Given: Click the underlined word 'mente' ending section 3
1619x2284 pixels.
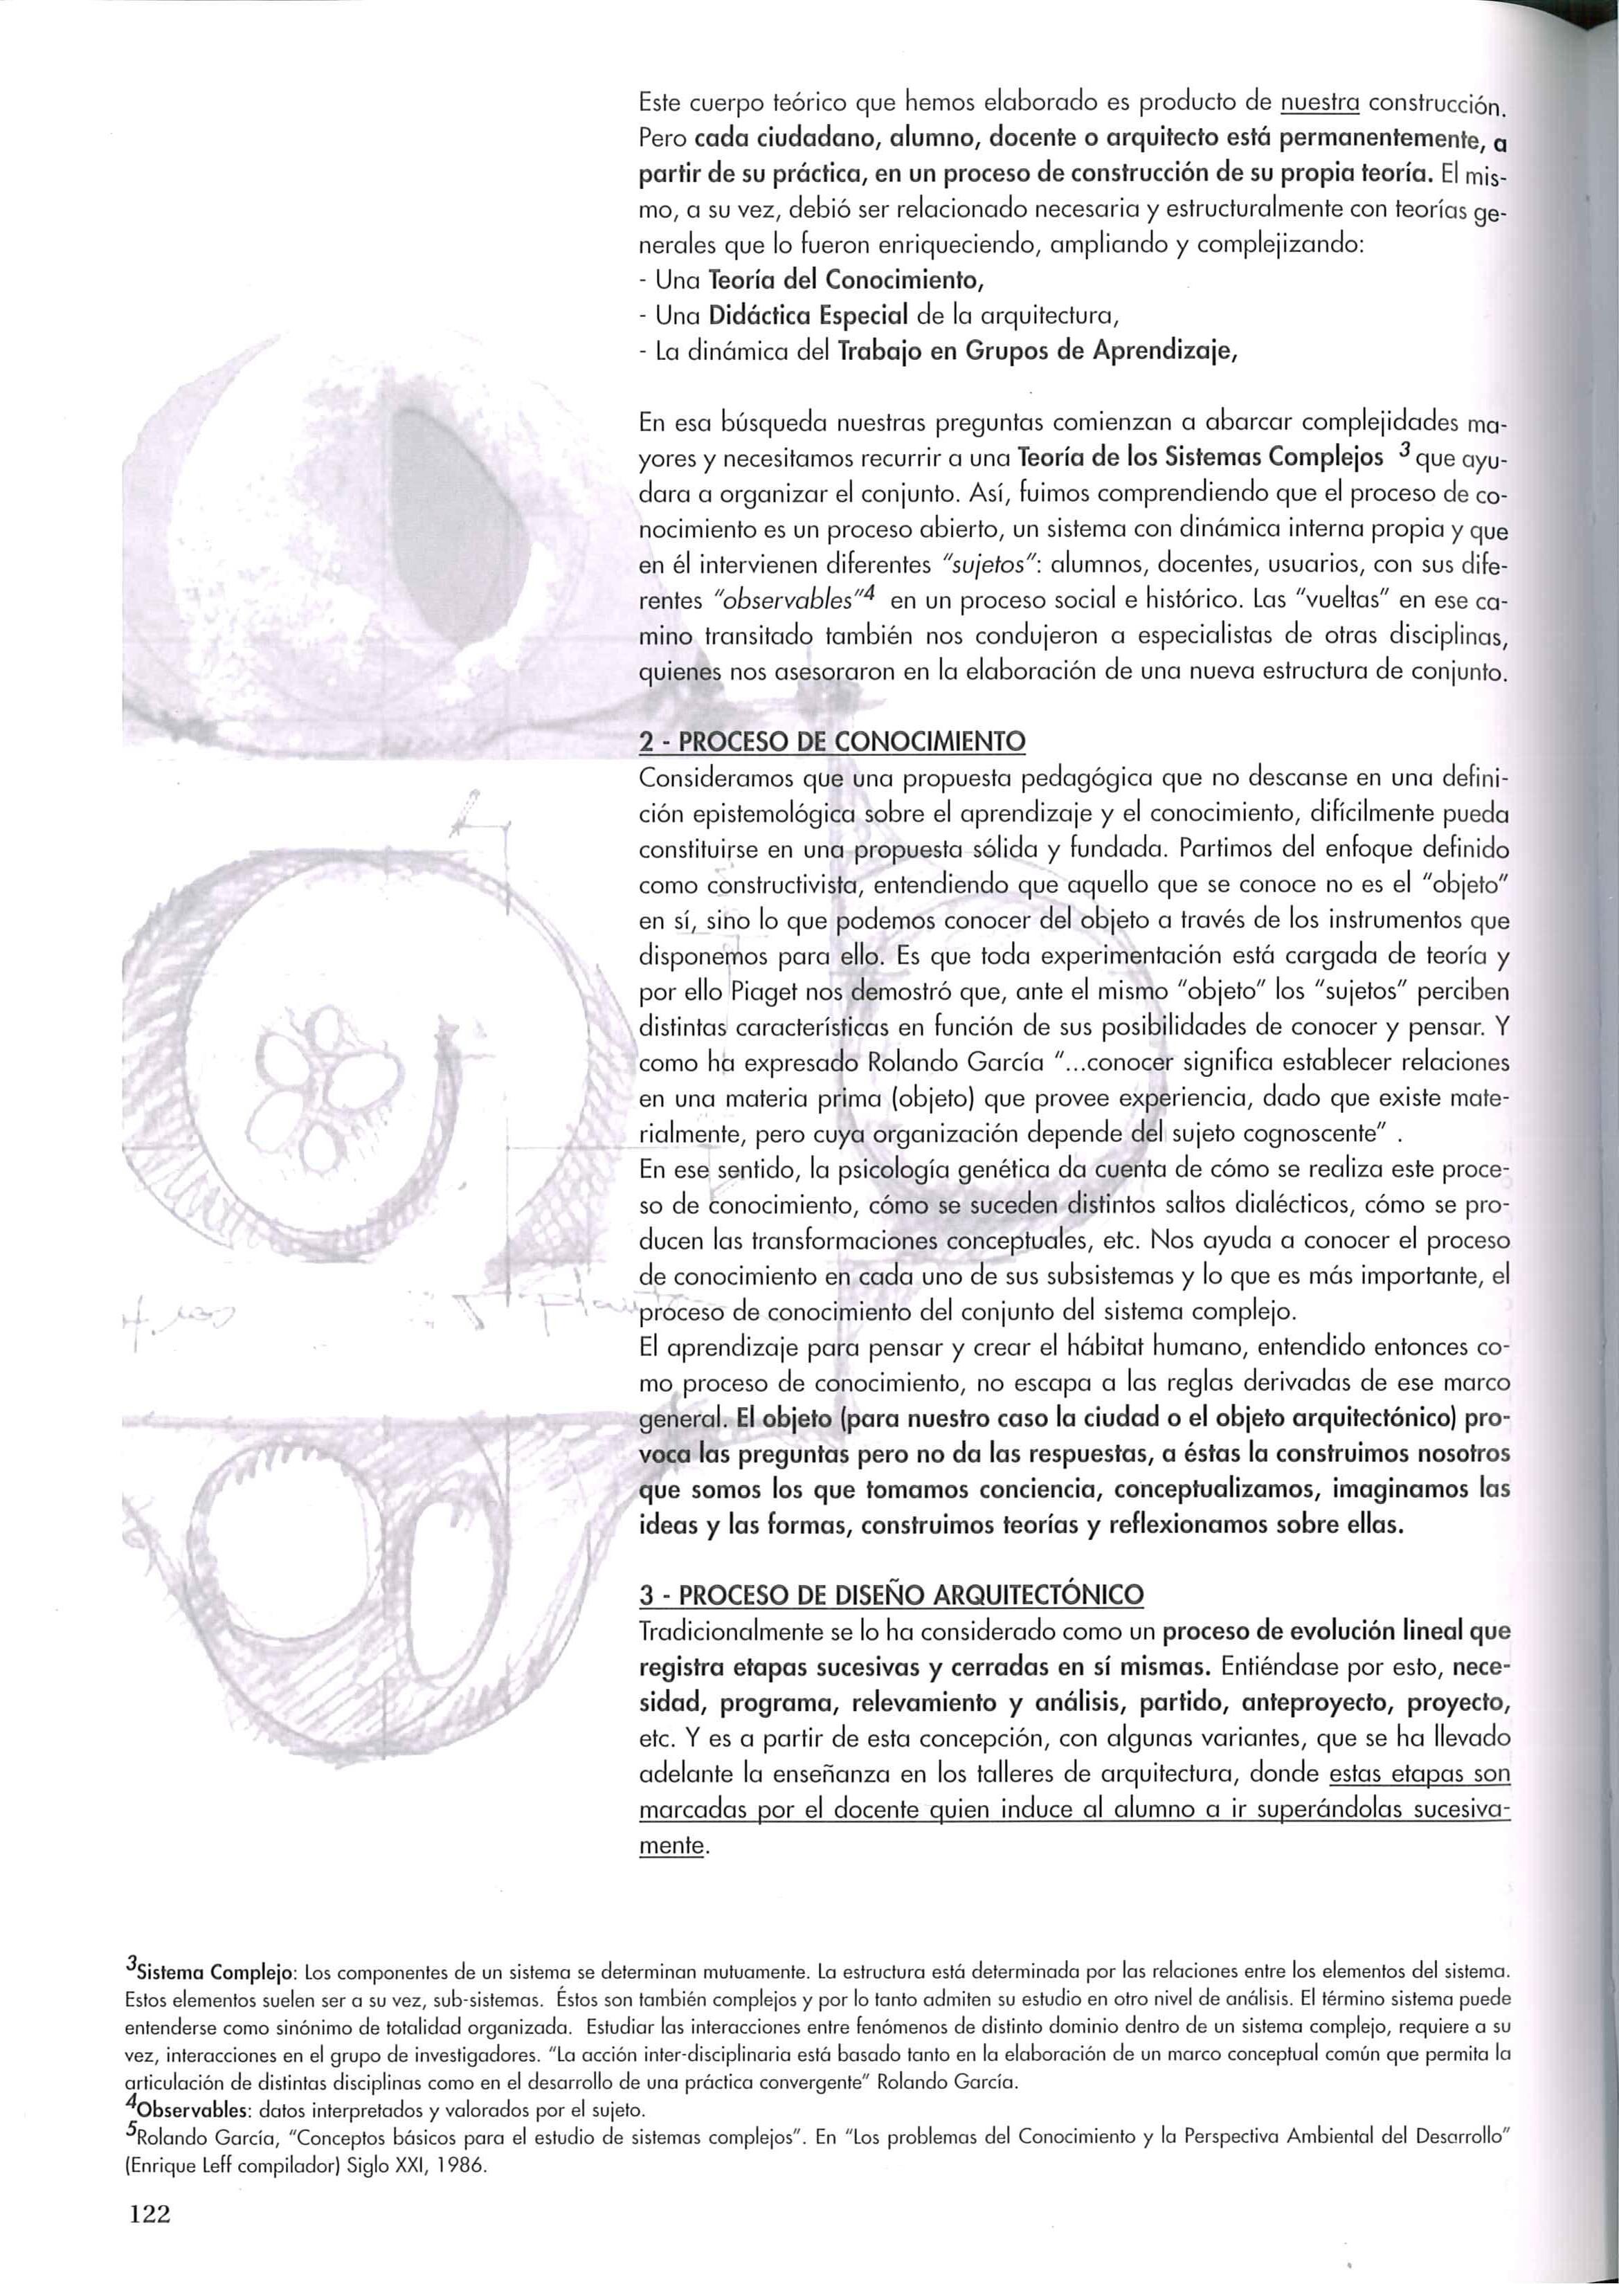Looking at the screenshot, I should (x=671, y=1847).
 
